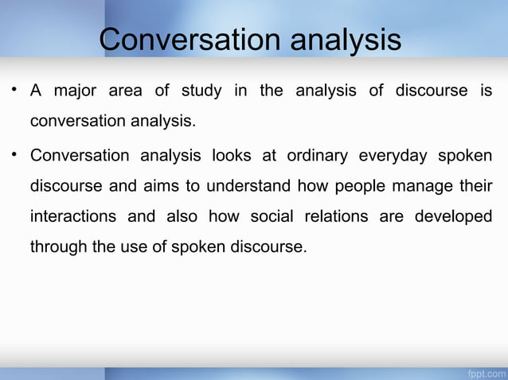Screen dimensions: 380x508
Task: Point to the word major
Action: coord(74,91)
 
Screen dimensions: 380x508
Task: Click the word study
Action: coord(201,91)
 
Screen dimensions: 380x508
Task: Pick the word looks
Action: coord(232,155)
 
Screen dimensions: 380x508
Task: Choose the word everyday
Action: coord(393,155)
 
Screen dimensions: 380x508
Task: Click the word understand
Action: coord(250,186)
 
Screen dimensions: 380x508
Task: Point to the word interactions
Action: coord(73,216)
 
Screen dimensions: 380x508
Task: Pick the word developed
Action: coord(453,216)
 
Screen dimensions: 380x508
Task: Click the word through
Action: coord(58,247)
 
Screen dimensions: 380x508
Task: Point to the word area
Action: coord(125,91)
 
